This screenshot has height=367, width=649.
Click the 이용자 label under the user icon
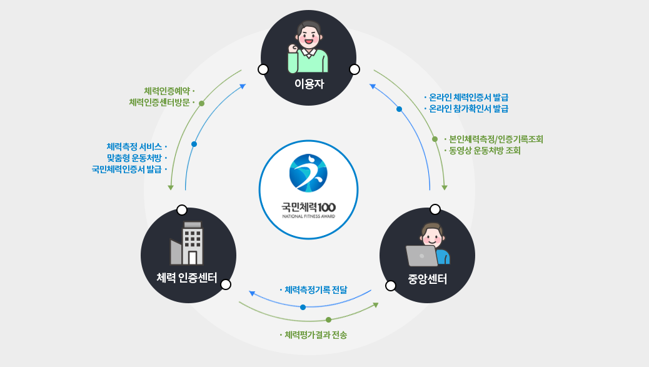tap(309, 84)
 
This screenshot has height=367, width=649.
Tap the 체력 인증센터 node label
tap(187, 278)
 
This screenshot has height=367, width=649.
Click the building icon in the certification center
tap(188, 244)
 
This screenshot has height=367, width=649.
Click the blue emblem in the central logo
tap(308, 173)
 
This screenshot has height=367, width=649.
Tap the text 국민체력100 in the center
tap(308, 206)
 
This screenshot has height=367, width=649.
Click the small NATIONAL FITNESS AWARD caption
tap(308, 216)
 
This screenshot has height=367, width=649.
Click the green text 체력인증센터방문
tap(159, 102)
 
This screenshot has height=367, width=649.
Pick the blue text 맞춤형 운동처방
tap(134, 158)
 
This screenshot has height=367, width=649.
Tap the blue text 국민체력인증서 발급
tap(127, 169)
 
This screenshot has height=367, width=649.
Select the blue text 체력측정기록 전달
tap(316, 290)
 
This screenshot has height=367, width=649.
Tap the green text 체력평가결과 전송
tap(316, 335)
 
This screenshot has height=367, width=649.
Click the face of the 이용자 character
tap(309, 37)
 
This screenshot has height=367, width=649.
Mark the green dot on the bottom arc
tap(328, 319)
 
